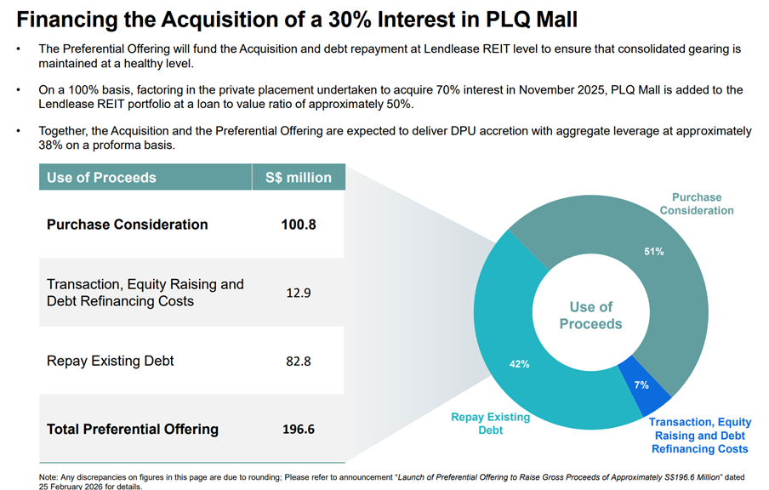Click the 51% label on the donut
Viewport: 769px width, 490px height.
654,252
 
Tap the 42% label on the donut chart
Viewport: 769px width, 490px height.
520,364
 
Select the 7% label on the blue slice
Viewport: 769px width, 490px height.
641,385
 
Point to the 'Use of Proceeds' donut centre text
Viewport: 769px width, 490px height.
590,315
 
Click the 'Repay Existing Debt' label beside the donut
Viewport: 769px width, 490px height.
490,424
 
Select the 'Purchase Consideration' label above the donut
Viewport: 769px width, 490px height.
696,204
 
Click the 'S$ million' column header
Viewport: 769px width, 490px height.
298,178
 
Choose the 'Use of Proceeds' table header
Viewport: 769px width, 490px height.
101,178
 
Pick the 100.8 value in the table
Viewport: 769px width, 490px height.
299,225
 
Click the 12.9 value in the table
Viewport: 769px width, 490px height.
299,293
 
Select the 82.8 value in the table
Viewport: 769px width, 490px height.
299,361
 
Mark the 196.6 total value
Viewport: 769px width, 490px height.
299,429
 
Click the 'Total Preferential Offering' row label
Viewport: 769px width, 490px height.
133,429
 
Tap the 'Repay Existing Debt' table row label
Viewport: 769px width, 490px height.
111,361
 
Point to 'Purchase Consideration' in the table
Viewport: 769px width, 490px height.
128,225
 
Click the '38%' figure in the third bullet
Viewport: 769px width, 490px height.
53,145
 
